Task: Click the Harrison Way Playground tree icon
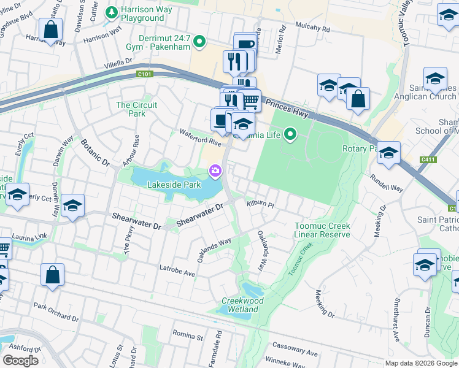click(x=111, y=12)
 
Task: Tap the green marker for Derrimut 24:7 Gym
click(x=199, y=42)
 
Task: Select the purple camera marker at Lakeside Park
click(x=215, y=171)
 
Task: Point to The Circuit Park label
click(x=136, y=109)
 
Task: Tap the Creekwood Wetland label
click(x=242, y=305)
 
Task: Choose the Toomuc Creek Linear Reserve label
click(x=322, y=230)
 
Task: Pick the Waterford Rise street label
click(x=200, y=137)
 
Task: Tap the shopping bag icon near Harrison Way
click(x=50, y=29)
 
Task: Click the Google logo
click(x=20, y=360)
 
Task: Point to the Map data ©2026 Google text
click(x=421, y=363)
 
